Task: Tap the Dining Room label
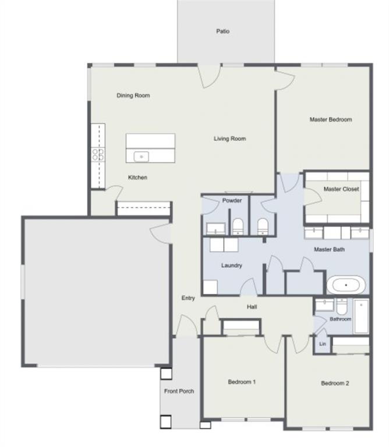click(133, 95)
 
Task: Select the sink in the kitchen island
click(141, 156)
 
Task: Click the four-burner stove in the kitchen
click(98, 154)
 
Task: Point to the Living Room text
click(229, 139)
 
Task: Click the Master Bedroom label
click(330, 119)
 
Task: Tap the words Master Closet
click(341, 189)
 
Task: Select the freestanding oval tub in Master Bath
click(346, 285)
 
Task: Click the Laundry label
click(231, 265)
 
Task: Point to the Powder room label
click(232, 201)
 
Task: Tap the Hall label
click(252, 307)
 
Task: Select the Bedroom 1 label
click(241, 382)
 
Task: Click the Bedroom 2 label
click(335, 384)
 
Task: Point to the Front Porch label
click(179, 391)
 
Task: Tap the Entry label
click(188, 298)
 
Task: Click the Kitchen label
click(137, 178)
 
